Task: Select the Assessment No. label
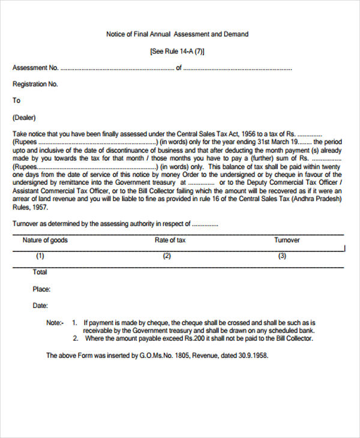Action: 35,68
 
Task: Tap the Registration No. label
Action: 35,85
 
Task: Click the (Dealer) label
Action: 24,118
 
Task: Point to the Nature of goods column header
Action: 45,240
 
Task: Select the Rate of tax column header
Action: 170,240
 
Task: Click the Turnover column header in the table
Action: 287,240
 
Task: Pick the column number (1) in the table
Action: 40,256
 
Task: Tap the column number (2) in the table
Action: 167,256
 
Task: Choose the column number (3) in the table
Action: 282,256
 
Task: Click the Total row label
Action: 40,272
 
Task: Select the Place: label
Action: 41,289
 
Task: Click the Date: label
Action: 40,306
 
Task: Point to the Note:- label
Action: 55,323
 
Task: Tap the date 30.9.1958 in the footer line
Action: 253,356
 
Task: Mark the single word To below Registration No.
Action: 17,101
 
